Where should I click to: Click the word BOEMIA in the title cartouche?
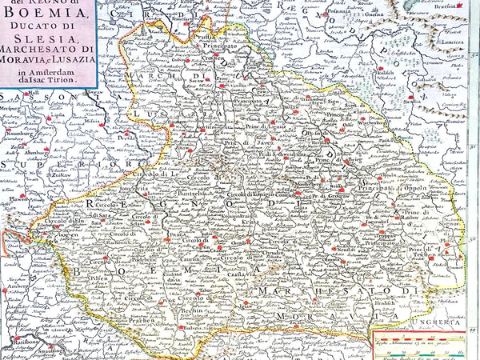57,12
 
